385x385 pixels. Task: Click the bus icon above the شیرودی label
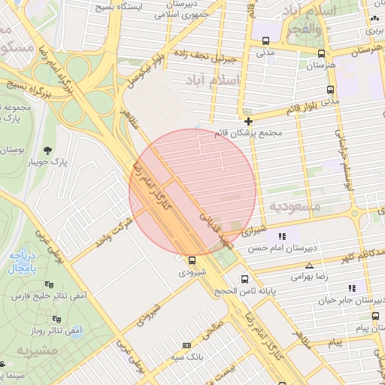coord(192,260)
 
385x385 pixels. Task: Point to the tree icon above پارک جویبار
coord(49,150)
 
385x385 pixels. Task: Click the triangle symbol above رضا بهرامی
coord(309,265)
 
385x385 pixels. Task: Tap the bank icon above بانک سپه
coord(186,345)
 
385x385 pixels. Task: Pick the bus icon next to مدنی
coord(321,53)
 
